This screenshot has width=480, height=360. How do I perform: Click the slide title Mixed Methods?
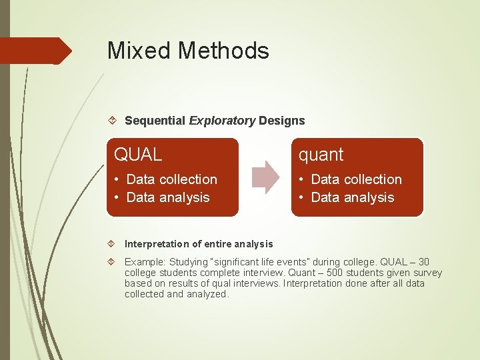click(x=188, y=51)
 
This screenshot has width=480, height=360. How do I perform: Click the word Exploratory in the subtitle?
click(x=223, y=121)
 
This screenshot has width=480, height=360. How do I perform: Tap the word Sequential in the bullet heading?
click(x=155, y=121)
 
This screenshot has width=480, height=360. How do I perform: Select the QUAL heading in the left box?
click(x=138, y=155)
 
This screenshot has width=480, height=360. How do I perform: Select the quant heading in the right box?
click(x=321, y=155)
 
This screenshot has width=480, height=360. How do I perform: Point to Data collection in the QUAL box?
click(x=171, y=179)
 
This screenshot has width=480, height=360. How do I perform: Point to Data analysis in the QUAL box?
click(x=167, y=197)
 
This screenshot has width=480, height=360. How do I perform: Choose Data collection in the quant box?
click(x=356, y=179)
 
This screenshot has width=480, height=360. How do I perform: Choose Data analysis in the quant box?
click(x=352, y=197)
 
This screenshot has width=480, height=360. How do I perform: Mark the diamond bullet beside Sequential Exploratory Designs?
click(x=113, y=121)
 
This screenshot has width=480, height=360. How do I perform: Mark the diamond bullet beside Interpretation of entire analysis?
click(x=113, y=244)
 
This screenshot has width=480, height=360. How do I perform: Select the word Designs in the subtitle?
click(x=282, y=121)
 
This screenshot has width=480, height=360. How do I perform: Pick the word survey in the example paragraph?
click(x=427, y=273)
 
